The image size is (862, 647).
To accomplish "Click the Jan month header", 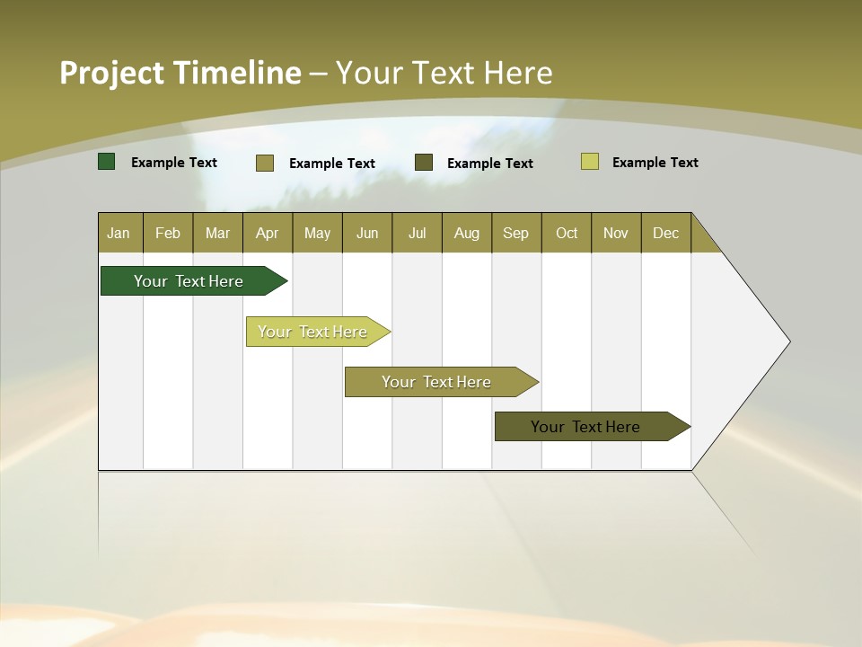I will [x=119, y=233].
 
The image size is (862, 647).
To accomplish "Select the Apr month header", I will [x=267, y=233].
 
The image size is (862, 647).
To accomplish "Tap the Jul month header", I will [x=417, y=233].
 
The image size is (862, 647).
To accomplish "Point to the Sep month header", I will [x=515, y=233].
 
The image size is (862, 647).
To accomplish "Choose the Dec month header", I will [x=665, y=233].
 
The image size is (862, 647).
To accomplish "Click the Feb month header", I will [x=168, y=233].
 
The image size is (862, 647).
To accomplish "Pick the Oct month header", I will [x=567, y=233].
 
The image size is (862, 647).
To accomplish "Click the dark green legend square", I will [x=107, y=162].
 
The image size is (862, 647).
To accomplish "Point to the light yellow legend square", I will [x=590, y=162].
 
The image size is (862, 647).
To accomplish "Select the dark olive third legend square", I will [x=424, y=162].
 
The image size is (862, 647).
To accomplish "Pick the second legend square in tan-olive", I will [x=265, y=163].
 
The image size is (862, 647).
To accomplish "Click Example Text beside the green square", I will [x=174, y=163].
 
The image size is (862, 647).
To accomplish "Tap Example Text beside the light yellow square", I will [x=655, y=163].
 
